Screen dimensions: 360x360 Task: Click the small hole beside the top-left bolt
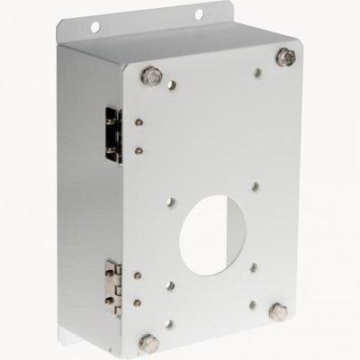click(167, 87)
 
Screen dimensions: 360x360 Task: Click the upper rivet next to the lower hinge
click(140, 273)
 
